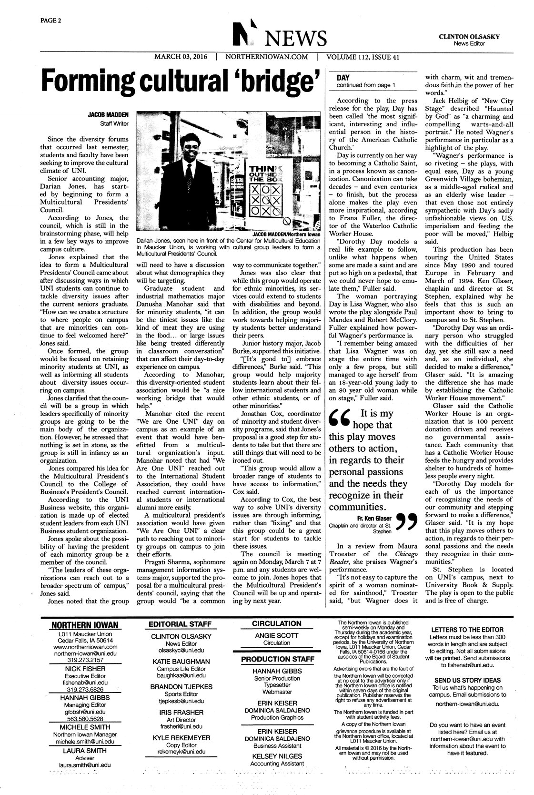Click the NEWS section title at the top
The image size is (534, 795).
click(295, 37)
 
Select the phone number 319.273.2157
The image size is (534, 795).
click(85, 660)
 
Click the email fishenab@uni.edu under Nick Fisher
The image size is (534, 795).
click(86, 683)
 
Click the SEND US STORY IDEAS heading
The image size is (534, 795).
click(467, 680)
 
